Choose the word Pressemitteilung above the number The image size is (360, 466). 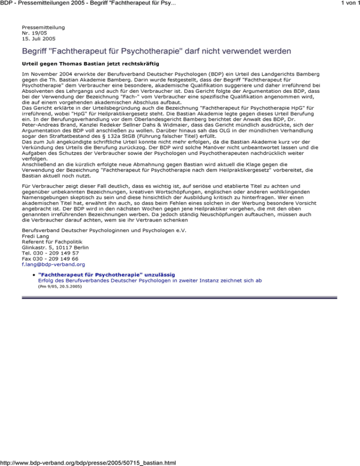pyautogui.click(x=43, y=28)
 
